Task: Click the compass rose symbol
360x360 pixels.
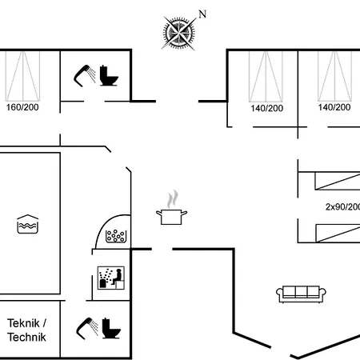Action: pyautogui.click(x=178, y=34)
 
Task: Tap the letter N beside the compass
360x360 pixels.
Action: pyautogui.click(x=202, y=14)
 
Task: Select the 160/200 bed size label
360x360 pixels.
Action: pyautogui.click(x=22, y=107)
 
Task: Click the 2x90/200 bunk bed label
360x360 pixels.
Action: pyautogui.click(x=342, y=206)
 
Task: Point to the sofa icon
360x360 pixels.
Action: pyautogui.click(x=301, y=294)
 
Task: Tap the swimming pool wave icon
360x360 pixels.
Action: pyautogui.click(x=28, y=224)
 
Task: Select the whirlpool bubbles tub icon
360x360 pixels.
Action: pyautogui.click(x=116, y=236)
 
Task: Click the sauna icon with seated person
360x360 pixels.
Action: pyautogui.click(x=111, y=278)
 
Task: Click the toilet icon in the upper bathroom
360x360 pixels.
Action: pyautogui.click(x=109, y=75)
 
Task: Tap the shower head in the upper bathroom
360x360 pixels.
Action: pyautogui.click(x=84, y=75)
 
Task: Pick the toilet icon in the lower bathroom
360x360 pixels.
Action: pyautogui.click(x=111, y=328)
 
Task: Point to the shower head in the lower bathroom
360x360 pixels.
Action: pyautogui.click(x=87, y=328)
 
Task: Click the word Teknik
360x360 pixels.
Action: pyautogui.click(x=23, y=323)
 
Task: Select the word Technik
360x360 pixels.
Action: pyautogui.click(x=26, y=337)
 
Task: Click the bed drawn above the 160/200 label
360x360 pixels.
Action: pyautogui.click(x=22, y=76)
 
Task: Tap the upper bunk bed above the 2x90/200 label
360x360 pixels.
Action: pyautogui.click(x=338, y=181)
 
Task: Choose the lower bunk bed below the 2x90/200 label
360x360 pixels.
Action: pyautogui.click(x=338, y=234)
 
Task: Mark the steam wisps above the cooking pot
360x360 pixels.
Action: pyautogui.click(x=173, y=199)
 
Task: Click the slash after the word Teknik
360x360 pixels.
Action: pyautogui.click(x=44, y=323)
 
